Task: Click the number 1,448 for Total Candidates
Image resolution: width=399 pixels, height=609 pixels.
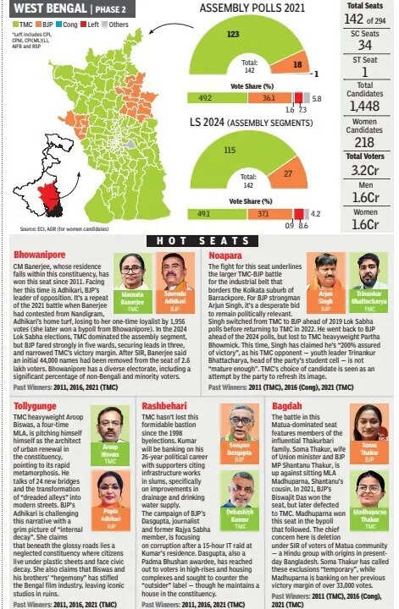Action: click(x=369, y=106)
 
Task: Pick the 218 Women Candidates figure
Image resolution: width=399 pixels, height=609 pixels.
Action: click(x=370, y=142)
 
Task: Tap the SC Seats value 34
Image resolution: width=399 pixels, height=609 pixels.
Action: click(x=370, y=44)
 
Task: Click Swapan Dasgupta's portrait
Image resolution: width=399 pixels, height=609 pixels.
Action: click(x=241, y=421)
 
